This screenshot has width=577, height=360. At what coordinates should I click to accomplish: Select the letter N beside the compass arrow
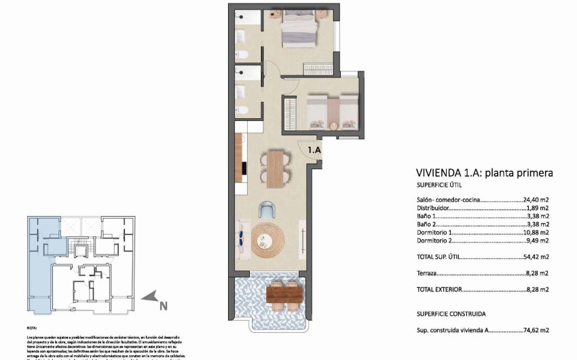(163, 306)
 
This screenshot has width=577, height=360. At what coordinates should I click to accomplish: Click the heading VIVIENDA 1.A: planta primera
(484, 173)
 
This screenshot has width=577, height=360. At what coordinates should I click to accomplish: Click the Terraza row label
(428, 273)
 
